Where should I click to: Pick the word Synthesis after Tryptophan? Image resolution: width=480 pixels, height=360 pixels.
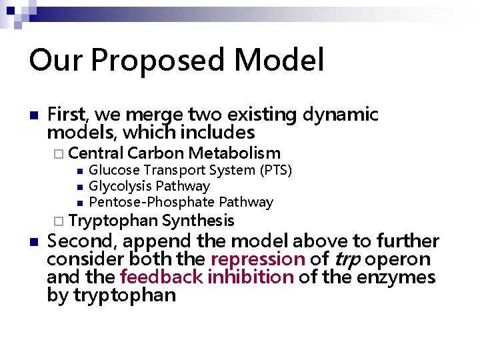click(x=198, y=221)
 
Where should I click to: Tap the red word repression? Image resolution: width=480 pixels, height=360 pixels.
click(x=257, y=259)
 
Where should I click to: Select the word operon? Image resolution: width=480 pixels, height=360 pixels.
click(x=398, y=259)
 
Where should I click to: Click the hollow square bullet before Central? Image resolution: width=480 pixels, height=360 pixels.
click(x=59, y=153)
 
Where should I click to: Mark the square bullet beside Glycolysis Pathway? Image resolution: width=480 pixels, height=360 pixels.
click(x=79, y=187)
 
